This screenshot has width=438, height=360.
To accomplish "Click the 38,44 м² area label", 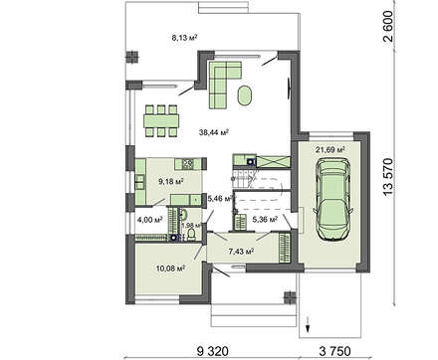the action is click(214, 132).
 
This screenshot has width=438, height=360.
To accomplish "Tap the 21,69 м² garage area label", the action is click(329, 149).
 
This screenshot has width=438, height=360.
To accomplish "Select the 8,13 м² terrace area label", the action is click(184, 37).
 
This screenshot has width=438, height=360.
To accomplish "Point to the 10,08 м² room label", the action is click(170, 268).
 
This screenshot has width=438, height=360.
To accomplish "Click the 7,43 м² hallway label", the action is click(241, 252).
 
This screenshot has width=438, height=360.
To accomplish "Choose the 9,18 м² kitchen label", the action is click(171, 181).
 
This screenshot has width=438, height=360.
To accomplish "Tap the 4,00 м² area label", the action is click(149, 219).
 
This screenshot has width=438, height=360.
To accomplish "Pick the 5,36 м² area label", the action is click(265, 219).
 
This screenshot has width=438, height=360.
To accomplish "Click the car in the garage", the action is click(332, 198).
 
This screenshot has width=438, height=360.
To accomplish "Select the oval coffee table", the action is click(245, 95).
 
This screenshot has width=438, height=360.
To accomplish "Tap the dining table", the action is click(161, 120).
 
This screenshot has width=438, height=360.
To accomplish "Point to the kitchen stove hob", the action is click(187, 163).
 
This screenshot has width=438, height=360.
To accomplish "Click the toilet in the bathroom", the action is click(191, 235).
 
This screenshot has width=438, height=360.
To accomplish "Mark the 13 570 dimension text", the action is click(387, 177).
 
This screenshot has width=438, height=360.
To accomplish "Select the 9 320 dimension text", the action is click(213, 351).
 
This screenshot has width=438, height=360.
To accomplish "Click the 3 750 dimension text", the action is click(334, 351).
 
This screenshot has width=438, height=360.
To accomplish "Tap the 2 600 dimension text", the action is click(387, 26).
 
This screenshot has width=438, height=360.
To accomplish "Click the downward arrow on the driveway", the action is click(308, 324).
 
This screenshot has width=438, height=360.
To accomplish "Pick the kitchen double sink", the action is click(139, 182).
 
